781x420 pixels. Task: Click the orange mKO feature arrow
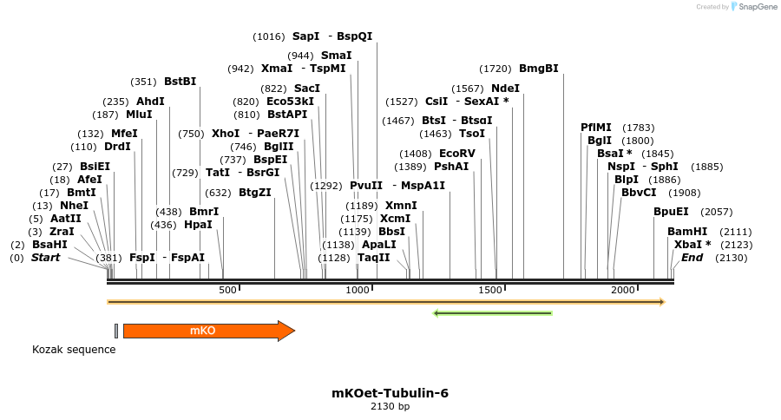(x=208, y=331)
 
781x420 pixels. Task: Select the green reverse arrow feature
(x=493, y=312)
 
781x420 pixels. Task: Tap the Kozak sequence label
(x=74, y=350)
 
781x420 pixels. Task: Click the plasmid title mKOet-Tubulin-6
(x=390, y=393)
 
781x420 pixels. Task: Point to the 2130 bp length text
(x=390, y=406)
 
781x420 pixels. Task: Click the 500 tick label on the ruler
(x=227, y=291)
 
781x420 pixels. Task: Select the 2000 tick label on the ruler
(x=623, y=291)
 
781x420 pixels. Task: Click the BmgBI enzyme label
(x=538, y=68)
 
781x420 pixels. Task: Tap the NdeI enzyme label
(x=505, y=89)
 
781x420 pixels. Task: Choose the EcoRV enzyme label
(x=456, y=154)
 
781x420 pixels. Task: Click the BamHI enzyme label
(x=687, y=232)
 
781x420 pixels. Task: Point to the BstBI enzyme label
(x=180, y=82)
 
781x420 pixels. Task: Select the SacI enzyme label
(x=307, y=89)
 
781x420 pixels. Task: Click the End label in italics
(x=692, y=258)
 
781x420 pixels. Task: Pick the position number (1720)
(x=495, y=68)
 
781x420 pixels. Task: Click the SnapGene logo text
(x=758, y=7)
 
